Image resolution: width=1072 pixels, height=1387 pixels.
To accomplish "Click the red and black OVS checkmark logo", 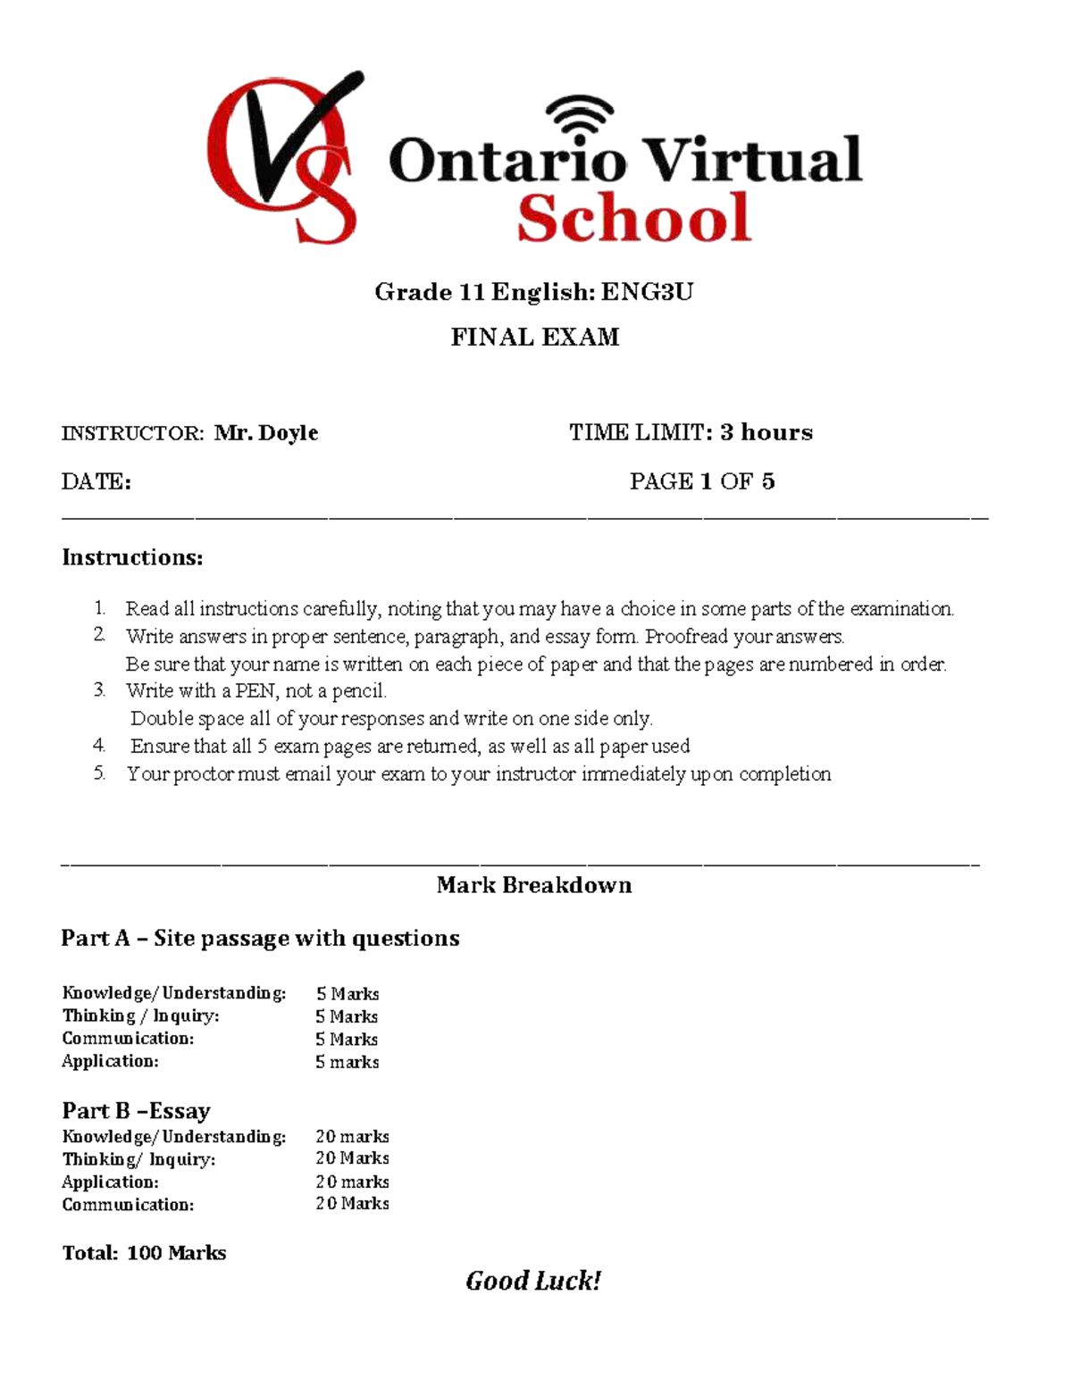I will pos(284,159).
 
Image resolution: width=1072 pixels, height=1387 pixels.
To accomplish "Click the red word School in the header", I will pos(633,220).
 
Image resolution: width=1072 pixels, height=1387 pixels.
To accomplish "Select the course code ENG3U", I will pos(646,292).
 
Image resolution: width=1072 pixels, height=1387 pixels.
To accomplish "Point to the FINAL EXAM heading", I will pos(534,338).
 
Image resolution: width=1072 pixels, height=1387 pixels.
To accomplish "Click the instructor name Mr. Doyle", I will pos(266,433).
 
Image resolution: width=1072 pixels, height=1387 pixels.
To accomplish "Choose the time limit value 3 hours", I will pos(766,432).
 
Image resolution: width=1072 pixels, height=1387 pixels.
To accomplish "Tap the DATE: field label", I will pos(96,482).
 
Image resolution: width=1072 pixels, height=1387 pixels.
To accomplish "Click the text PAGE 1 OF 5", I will pos(701,482).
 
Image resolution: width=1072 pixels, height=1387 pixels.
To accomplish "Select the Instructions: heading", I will pos(132,557).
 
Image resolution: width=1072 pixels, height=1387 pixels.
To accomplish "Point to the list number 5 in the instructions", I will pos(99,773).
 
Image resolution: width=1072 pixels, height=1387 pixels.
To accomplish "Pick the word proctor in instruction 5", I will pos(203,774).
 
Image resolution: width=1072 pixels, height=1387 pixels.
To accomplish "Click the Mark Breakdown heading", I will pos(534,885).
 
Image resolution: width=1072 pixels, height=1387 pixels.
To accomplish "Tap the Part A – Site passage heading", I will pos(260,938).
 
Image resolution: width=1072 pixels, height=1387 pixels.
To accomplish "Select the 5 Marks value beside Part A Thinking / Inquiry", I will pos(347,1016).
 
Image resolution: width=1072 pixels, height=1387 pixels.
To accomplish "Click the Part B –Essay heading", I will pos(136,1110).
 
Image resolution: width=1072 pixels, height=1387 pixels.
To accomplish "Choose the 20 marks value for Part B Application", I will pos(352,1182).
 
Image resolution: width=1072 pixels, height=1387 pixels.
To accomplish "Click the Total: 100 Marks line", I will pos(144,1253).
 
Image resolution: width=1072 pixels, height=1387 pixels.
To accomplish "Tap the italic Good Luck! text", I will pos(533,1282).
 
